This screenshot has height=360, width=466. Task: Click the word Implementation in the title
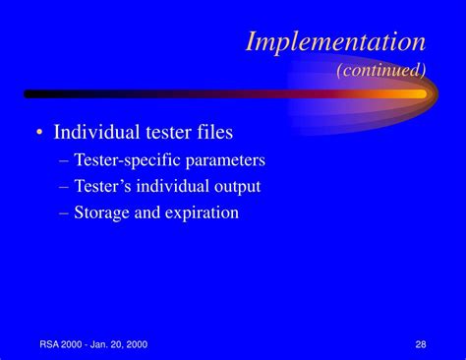pos(334,41)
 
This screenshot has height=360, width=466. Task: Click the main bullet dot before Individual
pos(36,133)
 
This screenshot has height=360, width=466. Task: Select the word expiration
pos(203,212)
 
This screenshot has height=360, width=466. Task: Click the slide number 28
pos(421,343)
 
